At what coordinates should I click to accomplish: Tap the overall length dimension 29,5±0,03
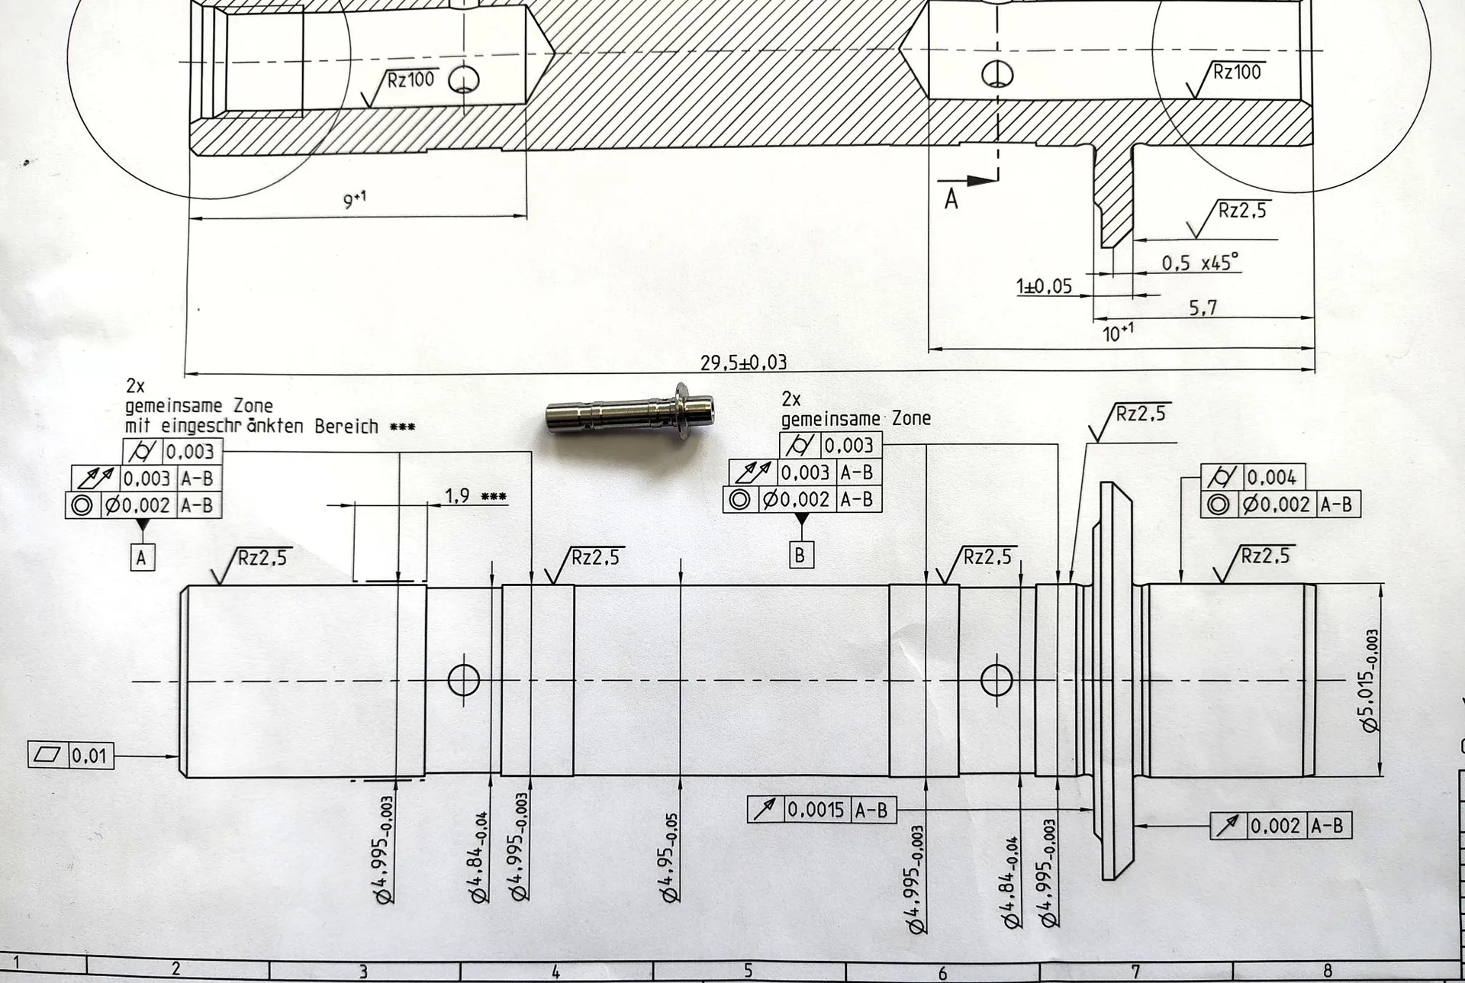coord(743,363)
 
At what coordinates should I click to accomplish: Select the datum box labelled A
coord(141,558)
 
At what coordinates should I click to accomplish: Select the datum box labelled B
coord(800,555)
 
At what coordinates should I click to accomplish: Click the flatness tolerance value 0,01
coord(89,756)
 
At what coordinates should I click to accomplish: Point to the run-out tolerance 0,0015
coord(816,810)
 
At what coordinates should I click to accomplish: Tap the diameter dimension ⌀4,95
coord(671,858)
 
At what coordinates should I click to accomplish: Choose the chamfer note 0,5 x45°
coord(1200,263)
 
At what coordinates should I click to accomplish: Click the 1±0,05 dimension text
coord(1044,287)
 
